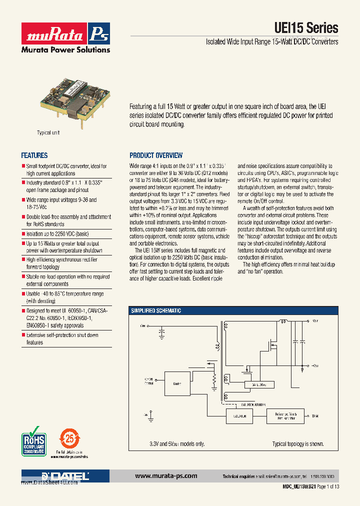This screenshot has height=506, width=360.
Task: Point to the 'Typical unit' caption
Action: pyautogui.click(x=48, y=132)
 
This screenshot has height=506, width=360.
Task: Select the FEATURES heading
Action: pyautogui.click(x=34, y=155)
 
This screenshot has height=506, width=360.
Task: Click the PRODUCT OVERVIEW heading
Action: pyautogui.click(x=156, y=155)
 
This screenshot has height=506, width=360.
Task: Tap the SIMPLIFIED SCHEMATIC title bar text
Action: pyautogui.click(x=156, y=310)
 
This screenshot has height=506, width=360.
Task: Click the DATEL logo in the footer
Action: pyautogui.click(x=65, y=476)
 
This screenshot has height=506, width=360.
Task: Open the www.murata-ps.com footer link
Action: pyautogui.click(x=166, y=476)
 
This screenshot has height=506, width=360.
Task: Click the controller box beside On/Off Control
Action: pyautogui.click(x=176, y=384)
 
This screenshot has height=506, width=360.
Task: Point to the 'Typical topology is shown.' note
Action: pyautogui.click(x=297, y=444)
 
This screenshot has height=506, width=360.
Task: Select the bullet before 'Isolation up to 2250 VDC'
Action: pyautogui.click(x=23, y=233)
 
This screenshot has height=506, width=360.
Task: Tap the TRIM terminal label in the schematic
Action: pyautogui.click(x=315, y=416)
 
